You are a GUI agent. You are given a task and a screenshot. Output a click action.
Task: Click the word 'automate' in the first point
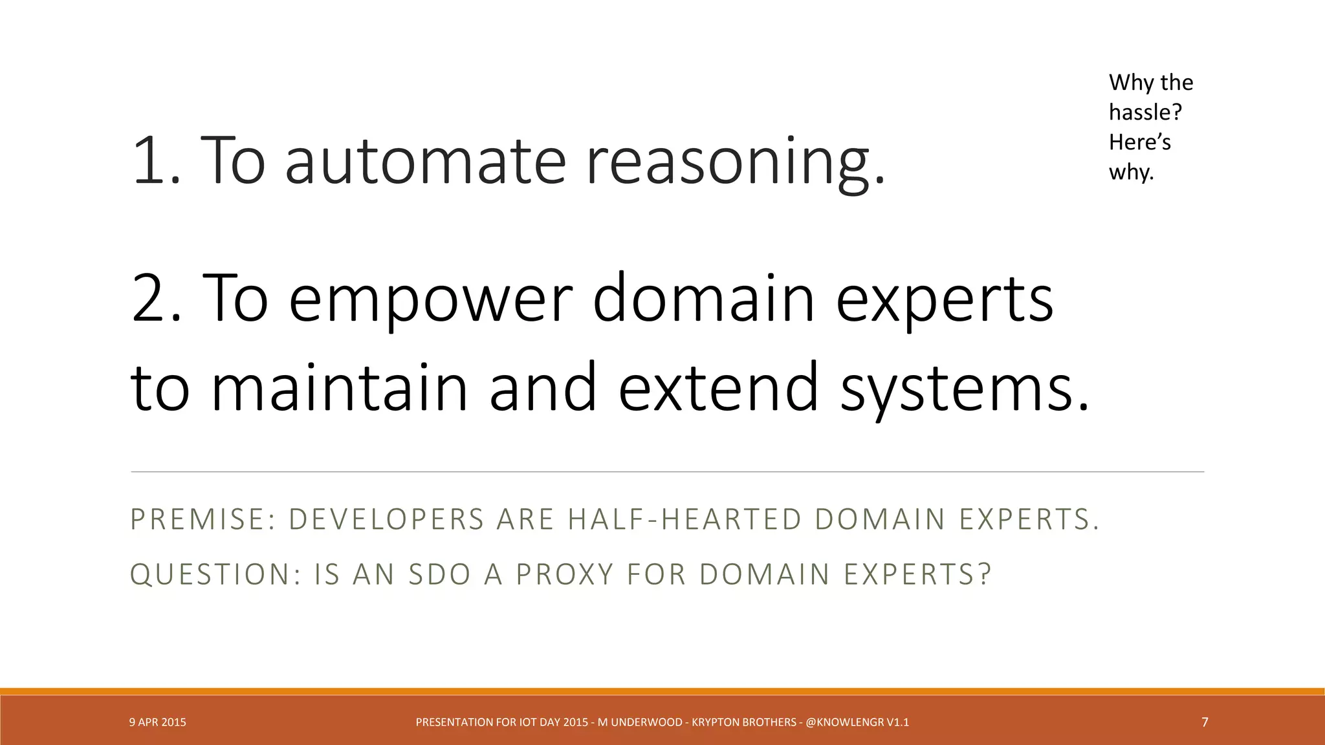coord(425,160)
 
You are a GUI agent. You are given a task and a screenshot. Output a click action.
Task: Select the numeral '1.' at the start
coord(156,160)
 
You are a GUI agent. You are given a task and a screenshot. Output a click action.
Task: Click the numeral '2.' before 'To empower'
coord(156,297)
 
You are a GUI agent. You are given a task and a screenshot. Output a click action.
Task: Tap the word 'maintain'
coord(339,387)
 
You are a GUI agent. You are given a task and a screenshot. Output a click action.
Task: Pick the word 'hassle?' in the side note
coord(1145,113)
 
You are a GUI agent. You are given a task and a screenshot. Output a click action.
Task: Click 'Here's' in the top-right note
coord(1139,142)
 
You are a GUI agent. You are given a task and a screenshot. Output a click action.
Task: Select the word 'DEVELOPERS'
coord(386,519)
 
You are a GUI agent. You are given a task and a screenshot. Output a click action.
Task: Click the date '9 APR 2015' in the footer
coord(157,722)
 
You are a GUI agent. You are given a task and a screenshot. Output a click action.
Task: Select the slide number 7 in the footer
coord(1204,722)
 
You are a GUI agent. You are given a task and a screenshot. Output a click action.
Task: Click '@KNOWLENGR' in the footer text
coord(844,722)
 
